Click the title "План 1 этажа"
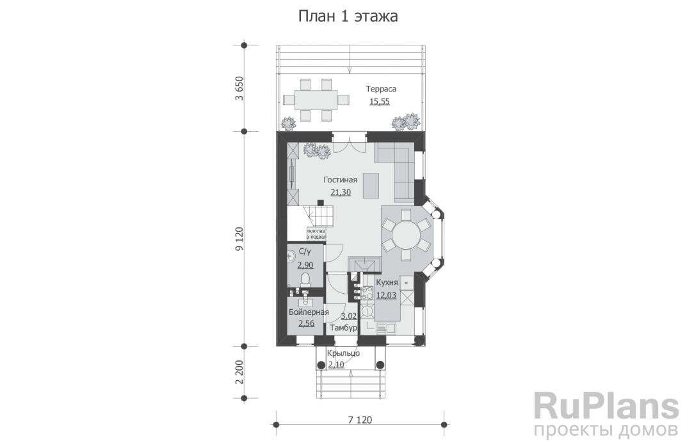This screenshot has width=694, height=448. [348, 16]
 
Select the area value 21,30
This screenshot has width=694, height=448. [340, 192]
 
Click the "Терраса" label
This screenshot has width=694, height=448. [382, 89]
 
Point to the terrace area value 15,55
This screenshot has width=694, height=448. [380, 101]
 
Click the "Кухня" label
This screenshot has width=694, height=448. [387, 282]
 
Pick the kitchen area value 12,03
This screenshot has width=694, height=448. [387, 295]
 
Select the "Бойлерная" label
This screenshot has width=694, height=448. [309, 312]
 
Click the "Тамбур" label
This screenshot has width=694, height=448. [343, 328]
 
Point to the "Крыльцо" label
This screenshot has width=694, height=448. [343, 353]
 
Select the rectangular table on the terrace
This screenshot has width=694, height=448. [316, 99]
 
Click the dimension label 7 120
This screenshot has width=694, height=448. [360, 420]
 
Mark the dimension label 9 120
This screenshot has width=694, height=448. [239, 238]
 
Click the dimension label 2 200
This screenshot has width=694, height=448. [239, 372]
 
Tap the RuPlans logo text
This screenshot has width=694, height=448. [606, 406]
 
